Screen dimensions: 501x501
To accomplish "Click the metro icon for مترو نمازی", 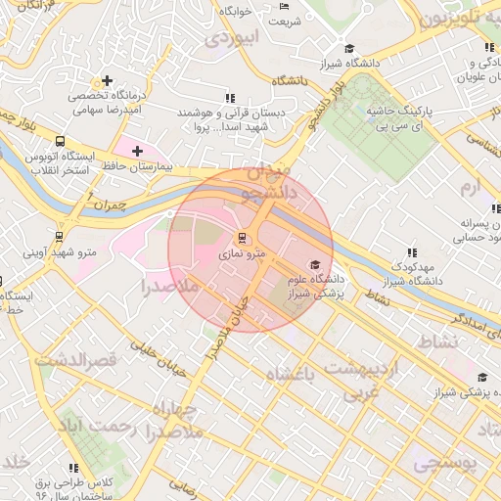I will tap(242, 238).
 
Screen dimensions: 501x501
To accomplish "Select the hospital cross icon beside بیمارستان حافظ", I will tap(137, 152).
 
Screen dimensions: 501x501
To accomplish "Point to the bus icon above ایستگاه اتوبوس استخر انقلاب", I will tap(62, 141).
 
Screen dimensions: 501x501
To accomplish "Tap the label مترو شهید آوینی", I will tap(61, 252).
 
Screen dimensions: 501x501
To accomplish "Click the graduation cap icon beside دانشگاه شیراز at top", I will tap(349, 48).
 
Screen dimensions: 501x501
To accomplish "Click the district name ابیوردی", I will tap(231, 39).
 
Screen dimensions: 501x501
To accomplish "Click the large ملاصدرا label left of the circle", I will tap(170, 287).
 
